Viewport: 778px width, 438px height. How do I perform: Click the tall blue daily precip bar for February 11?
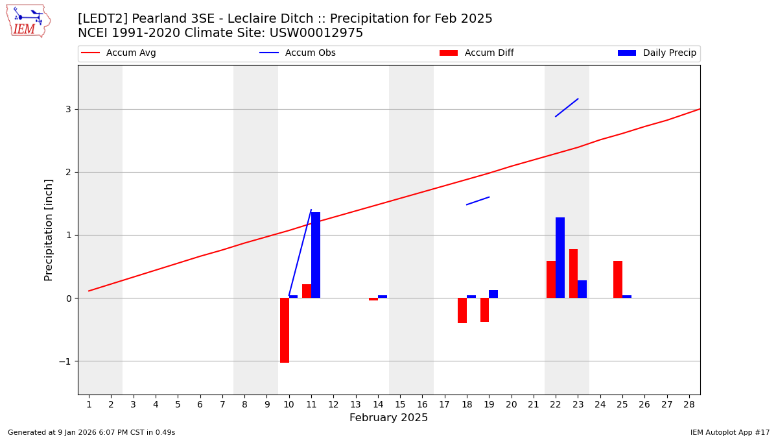coord(316,255)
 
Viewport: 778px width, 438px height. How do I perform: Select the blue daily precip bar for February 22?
coord(560,258)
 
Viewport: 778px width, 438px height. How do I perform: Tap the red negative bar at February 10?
coord(285,330)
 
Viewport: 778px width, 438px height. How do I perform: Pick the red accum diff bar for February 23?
coord(573,273)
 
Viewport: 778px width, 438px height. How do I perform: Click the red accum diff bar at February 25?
coord(618,279)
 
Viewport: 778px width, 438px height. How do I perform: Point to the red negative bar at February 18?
coord(462,310)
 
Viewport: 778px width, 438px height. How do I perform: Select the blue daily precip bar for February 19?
coord(493,294)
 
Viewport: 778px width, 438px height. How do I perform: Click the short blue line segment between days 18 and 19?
coord(478,201)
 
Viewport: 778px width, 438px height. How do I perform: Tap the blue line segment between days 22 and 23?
coord(567,108)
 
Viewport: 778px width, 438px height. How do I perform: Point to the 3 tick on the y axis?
coord(67,109)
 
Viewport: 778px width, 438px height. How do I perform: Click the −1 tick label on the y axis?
coord(64,361)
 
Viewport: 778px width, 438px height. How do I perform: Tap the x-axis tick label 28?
coord(689,405)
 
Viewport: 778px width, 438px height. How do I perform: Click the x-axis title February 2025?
coord(388,418)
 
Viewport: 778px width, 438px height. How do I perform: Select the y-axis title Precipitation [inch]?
coord(49,230)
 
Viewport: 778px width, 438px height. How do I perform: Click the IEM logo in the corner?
coord(28,21)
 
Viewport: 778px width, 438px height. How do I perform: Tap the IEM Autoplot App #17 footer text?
coord(729,432)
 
